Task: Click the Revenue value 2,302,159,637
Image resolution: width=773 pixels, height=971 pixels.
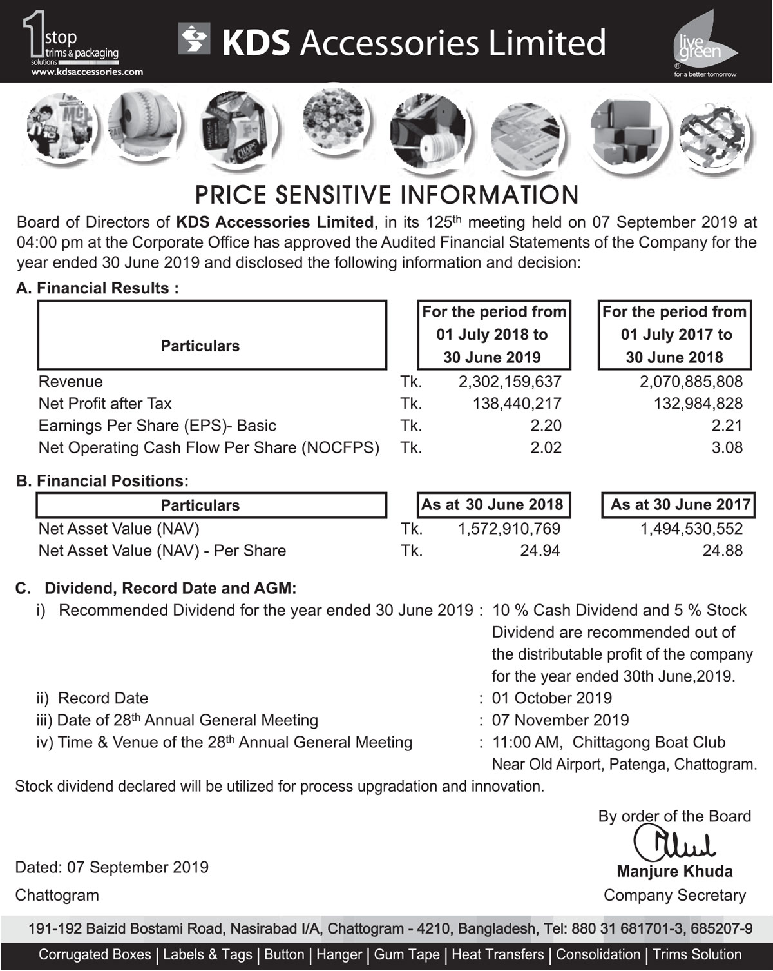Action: tap(510, 382)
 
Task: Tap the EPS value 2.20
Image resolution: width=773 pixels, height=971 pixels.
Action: tap(546, 426)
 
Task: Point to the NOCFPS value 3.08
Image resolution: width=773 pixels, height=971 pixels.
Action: tap(727, 447)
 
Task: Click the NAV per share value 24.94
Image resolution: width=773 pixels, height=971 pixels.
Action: tap(540, 551)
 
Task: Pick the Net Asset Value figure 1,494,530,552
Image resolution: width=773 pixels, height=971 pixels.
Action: tap(691, 529)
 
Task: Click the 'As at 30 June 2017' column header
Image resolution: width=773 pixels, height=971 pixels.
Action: tap(680, 505)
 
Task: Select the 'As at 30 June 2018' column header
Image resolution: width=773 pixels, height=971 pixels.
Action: tap(492, 505)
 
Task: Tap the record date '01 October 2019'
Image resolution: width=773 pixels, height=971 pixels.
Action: tap(551, 698)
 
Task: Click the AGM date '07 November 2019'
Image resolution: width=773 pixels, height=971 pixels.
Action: tap(560, 720)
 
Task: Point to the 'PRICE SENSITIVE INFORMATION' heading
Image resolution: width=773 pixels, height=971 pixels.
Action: tap(386, 195)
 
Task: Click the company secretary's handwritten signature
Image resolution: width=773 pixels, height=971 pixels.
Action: tap(673, 843)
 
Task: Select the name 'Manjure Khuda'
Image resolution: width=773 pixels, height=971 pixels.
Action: tap(674, 872)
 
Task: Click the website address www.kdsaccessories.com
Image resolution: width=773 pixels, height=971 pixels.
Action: tap(87, 72)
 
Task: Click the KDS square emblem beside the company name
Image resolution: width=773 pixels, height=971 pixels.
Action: tap(195, 39)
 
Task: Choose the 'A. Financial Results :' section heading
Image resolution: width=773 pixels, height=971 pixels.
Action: tap(97, 288)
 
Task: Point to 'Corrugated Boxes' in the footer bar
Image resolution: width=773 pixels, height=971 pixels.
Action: tap(95, 955)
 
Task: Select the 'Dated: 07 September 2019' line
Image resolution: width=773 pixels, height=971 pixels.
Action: tap(112, 867)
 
